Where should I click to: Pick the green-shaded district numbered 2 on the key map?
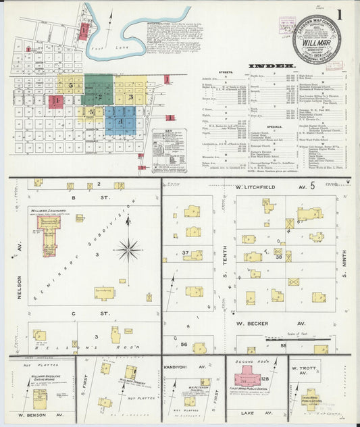point(99,95)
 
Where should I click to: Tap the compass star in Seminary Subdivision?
point(128,249)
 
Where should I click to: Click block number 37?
point(184,253)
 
